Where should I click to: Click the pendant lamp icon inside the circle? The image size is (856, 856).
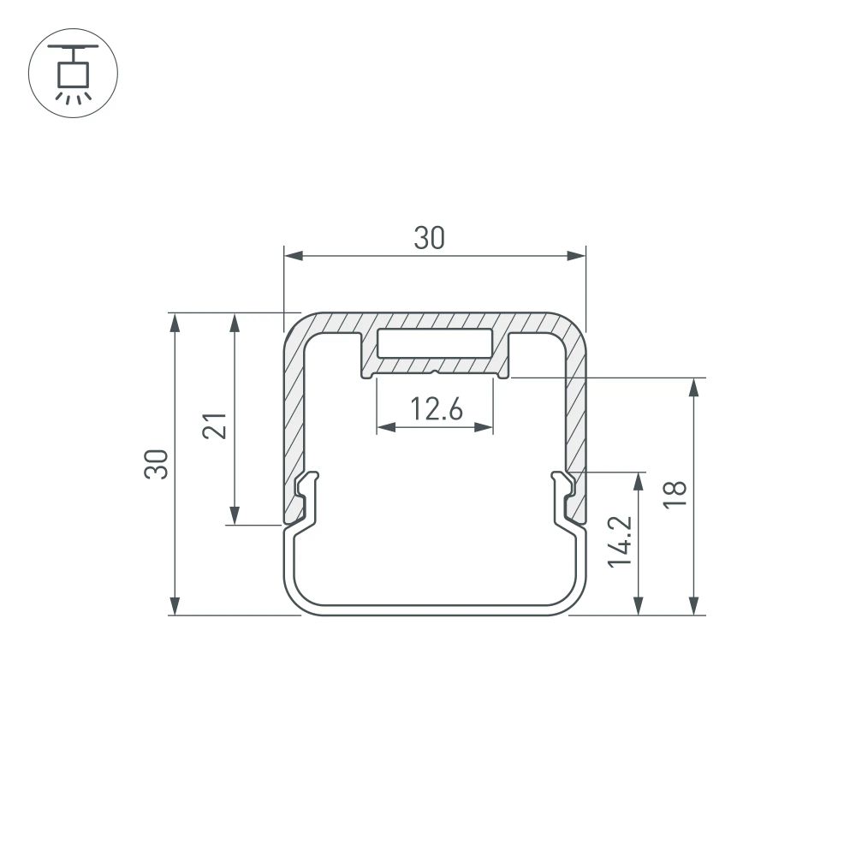(x=73, y=73)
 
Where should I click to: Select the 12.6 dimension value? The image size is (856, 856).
(x=435, y=410)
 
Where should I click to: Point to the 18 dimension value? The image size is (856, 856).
(x=675, y=495)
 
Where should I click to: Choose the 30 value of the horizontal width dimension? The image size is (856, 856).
(x=430, y=239)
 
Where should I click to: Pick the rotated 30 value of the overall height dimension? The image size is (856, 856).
(x=157, y=463)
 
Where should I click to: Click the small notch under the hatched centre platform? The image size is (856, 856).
(x=436, y=372)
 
